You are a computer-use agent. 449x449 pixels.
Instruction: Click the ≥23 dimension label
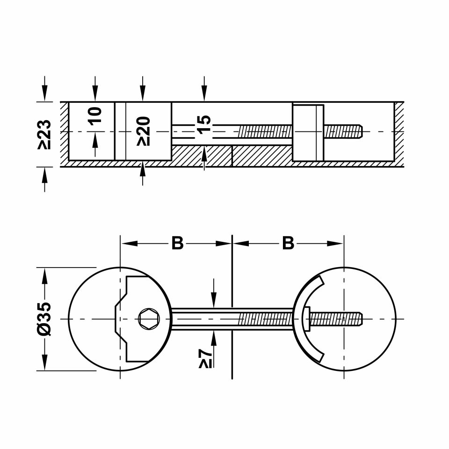click(x=45, y=134)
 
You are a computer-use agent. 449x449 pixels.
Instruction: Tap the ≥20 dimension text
click(x=143, y=131)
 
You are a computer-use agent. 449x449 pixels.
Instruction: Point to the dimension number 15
click(x=204, y=124)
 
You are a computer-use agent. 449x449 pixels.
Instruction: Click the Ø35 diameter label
click(x=45, y=319)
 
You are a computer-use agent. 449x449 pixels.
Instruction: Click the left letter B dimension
click(x=177, y=243)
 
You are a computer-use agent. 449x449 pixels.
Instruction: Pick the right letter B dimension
click(x=288, y=243)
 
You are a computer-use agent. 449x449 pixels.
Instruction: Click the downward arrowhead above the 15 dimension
click(x=204, y=95)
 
